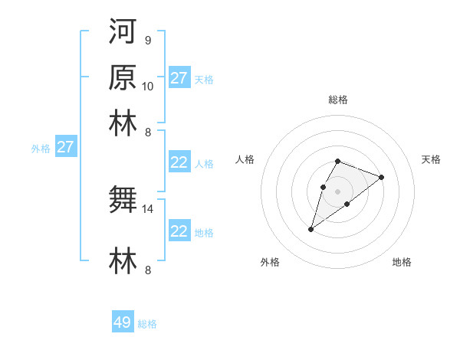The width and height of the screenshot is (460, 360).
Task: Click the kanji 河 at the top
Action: click(x=123, y=33)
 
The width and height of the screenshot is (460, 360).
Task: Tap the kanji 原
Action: click(x=123, y=77)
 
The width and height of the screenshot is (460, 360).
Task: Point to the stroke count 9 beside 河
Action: click(x=147, y=41)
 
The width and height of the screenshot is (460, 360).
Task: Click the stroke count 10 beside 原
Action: click(x=148, y=85)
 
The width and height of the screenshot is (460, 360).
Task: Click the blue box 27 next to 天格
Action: click(x=179, y=78)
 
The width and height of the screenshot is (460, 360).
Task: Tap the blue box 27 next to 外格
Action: click(x=65, y=147)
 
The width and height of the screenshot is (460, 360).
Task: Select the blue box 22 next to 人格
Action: click(x=179, y=162)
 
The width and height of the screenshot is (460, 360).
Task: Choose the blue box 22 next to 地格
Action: click(x=179, y=231)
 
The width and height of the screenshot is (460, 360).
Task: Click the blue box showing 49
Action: click(x=123, y=322)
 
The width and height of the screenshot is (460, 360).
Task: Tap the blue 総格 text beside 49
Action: click(x=148, y=324)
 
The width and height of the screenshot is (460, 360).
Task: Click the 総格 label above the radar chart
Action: click(x=337, y=100)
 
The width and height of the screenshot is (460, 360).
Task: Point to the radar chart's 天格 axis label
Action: click(x=431, y=159)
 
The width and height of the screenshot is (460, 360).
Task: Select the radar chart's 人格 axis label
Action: click(x=245, y=159)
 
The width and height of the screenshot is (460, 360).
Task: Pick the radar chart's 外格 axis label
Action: click(x=270, y=262)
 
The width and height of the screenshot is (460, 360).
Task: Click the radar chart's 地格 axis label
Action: click(x=402, y=262)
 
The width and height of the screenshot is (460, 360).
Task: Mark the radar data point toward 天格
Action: click(x=381, y=177)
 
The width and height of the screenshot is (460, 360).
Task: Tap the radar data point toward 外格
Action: click(x=311, y=229)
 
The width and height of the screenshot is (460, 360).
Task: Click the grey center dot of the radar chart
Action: click(x=337, y=191)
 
